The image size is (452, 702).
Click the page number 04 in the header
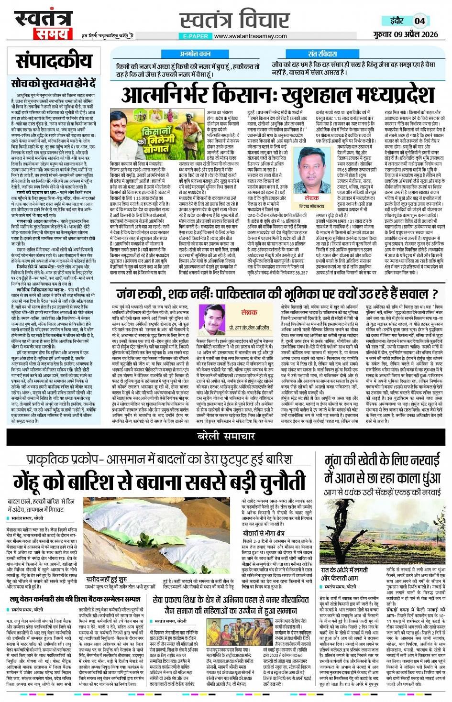(419, 21)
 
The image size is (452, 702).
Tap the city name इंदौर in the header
(397, 21)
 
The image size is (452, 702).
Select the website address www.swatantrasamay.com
(250, 36)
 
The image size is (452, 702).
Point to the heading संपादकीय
(54, 62)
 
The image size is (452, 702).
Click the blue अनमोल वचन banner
(195, 54)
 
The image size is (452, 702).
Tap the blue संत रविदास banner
(322, 54)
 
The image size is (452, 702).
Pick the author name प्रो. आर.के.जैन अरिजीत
(249, 328)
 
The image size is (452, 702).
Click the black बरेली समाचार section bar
(226, 436)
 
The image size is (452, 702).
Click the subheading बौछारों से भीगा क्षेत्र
(264, 533)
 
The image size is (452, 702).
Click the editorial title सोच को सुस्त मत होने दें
(54, 84)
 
